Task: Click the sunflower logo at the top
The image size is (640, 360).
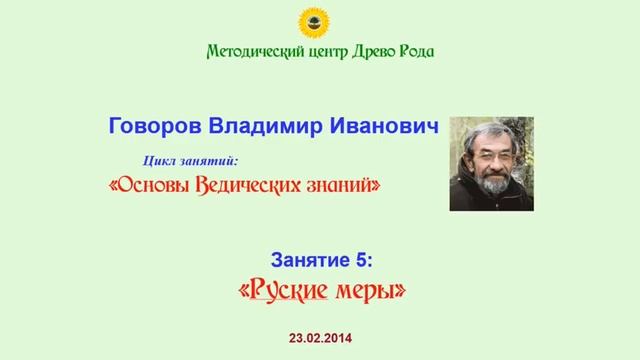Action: [x=319, y=19]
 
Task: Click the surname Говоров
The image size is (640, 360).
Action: [x=156, y=129]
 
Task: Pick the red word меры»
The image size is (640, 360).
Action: [x=370, y=291]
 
